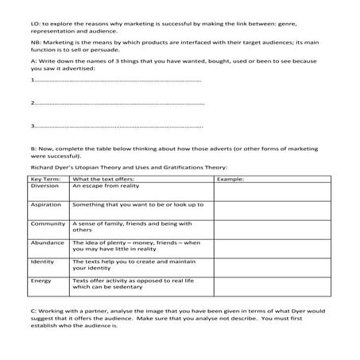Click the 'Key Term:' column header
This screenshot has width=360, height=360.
pos(45,178)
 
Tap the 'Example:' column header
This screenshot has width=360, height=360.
pos(230,178)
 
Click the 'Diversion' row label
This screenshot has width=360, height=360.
pos(45,185)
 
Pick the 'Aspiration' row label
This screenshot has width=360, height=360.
pos(46,204)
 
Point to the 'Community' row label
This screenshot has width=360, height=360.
pos(48,223)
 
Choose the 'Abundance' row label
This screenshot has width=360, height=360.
pos(48,242)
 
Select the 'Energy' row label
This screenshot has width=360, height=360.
pos(41,281)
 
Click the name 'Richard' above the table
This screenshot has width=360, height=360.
pos(41,167)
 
